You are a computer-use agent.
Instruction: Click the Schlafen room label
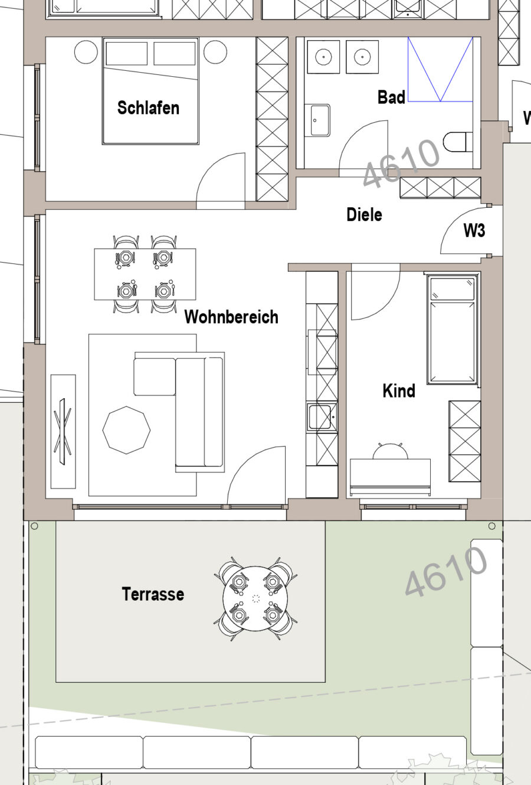[x=148, y=108]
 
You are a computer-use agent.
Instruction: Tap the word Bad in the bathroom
[x=391, y=97]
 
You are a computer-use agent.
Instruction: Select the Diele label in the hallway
[x=364, y=214]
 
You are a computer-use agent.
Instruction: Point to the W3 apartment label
[x=474, y=230]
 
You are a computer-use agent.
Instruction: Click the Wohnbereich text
[x=231, y=317]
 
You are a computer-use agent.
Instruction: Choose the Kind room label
[x=399, y=391]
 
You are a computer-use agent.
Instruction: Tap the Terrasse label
[x=153, y=594]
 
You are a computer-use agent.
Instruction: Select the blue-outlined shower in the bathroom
[x=440, y=69]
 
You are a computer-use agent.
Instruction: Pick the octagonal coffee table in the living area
[x=126, y=430]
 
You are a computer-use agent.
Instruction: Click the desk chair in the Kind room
[x=391, y=451]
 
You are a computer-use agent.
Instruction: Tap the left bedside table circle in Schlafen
[x=86, y=52]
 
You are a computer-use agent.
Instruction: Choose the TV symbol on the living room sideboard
[x=63, y=431]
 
